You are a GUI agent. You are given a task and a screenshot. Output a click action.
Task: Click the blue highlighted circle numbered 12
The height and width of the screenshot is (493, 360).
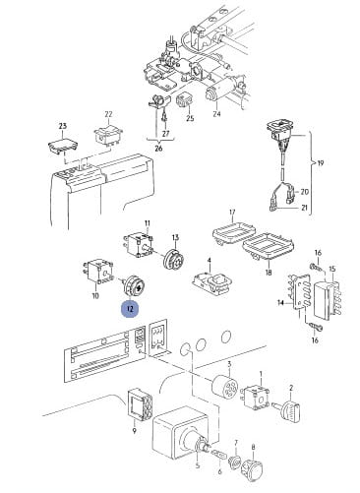tap(130, 309)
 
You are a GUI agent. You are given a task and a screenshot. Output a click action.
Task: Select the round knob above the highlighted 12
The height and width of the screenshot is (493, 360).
tap(133, 286)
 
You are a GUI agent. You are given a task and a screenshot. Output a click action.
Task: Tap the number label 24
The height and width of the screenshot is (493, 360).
tap(216, 113)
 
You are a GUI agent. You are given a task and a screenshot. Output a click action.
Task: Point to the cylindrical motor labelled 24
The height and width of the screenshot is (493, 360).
tap(220, 88)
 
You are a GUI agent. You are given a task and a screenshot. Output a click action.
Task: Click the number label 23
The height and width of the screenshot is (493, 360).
tap(62, 125)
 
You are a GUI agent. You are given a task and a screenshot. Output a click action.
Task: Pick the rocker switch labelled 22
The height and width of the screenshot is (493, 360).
tap(107, 135)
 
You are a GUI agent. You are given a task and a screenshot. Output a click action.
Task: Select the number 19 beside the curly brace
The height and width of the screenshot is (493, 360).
tap(321, 162)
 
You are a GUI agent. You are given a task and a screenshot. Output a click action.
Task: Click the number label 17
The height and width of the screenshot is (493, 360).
tap(232, 212)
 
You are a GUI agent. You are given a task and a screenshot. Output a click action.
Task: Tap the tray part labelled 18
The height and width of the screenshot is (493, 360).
tap(269, 246)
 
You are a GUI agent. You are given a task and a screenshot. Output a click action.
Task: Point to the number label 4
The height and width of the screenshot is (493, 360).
tap(209, 260)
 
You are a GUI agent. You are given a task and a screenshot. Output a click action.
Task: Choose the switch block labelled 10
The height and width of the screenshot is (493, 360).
tap(97, 272)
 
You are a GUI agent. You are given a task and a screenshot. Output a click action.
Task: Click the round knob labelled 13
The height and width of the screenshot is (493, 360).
tap(174, 260)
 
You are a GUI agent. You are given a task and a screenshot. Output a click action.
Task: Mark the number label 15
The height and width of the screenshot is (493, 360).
tap(332, 270)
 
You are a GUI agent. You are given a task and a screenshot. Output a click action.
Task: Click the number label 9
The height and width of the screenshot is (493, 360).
tap(134, 431)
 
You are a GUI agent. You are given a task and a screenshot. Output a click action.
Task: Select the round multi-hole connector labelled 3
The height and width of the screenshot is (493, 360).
tap(225, 388)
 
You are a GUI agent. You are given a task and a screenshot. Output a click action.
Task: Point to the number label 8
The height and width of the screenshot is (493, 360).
tap(253, 447)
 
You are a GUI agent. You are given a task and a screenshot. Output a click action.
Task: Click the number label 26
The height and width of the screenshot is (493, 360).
tap(158, 149)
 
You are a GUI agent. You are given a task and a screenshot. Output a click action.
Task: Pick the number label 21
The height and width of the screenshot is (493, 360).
tap(305, 208)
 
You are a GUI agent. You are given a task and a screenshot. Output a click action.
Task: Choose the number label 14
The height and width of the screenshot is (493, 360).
tap(280, 303)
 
